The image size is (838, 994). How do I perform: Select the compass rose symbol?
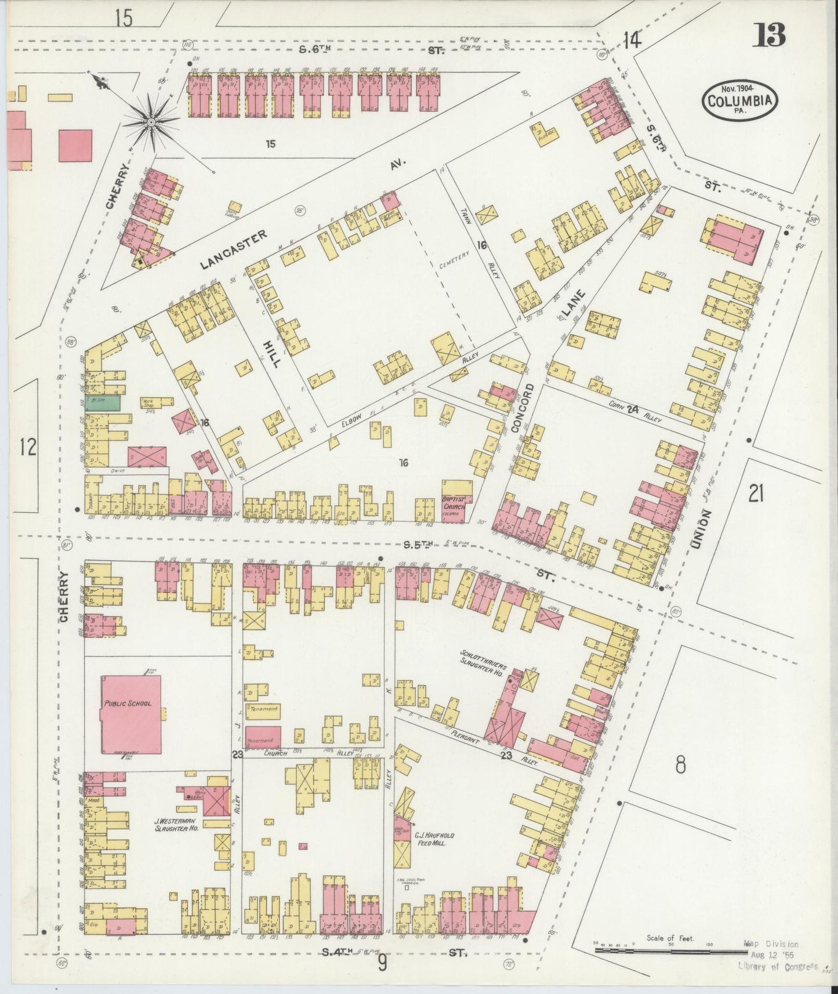coord(150,121)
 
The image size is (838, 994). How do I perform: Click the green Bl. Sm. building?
coord(103,404)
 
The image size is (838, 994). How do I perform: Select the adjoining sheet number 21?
coord(755,494)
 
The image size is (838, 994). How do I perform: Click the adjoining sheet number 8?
coord(680,765)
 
